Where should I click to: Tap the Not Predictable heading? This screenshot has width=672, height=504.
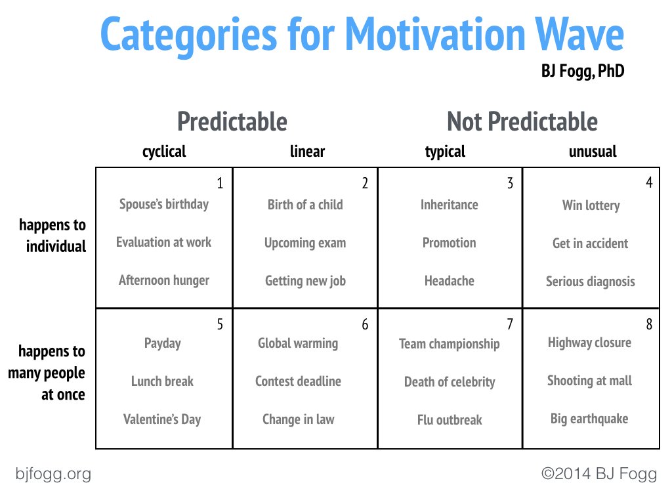pos(522,122)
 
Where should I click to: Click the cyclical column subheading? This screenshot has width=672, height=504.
pos(164,152)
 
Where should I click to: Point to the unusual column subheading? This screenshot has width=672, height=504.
pos(593,152)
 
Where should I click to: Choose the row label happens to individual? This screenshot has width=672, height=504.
pos(52,236)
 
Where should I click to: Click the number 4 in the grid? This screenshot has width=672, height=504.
pos(649,183)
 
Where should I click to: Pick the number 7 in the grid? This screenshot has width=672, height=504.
pos(509,325)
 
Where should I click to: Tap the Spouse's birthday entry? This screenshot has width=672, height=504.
pos(164,204)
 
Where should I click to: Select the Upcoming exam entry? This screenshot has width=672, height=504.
pos(305,243)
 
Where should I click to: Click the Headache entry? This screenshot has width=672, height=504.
pos(449,281)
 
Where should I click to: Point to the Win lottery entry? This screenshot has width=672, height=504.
pos(591,205)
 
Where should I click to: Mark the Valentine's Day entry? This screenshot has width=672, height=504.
pos(162,419)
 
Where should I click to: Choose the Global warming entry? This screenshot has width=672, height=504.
pos(298,343)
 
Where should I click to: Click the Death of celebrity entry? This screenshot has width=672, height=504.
pos(450,382)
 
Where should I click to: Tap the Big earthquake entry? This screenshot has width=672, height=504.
pos(589,419)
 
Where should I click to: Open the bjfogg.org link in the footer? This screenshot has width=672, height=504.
pos(53,474)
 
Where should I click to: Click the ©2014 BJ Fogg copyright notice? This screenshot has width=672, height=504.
pos(598,474)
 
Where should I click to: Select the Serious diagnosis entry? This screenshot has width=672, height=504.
pos(591,282)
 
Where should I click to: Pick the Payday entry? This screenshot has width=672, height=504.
pos(163,343)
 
